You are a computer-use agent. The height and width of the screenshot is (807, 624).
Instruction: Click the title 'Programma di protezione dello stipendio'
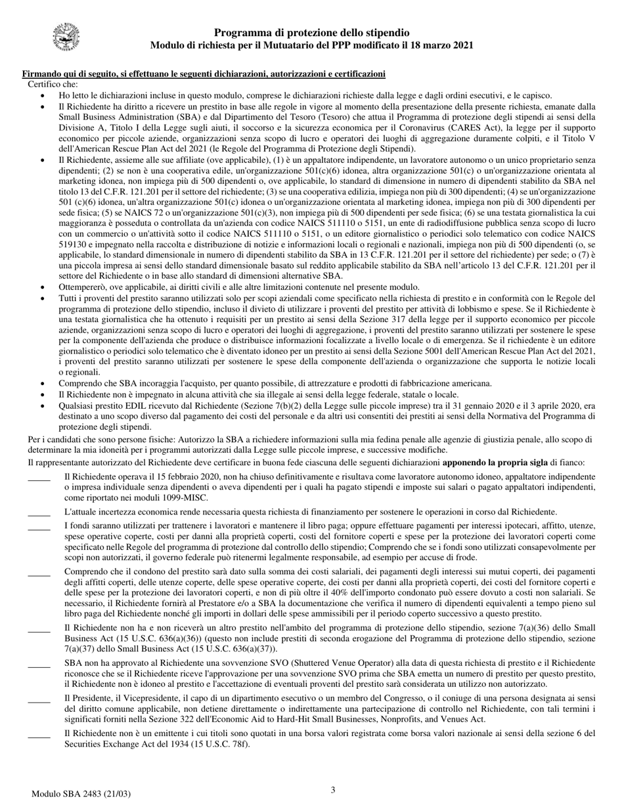[312, 33]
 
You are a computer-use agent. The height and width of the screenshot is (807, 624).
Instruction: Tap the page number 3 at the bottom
[333, 790]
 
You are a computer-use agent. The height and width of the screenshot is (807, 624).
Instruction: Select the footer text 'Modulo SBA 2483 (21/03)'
[81, 794]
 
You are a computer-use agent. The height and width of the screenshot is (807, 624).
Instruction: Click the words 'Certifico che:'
[53, 84]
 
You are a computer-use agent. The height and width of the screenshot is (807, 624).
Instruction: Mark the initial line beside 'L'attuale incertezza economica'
[39, 511]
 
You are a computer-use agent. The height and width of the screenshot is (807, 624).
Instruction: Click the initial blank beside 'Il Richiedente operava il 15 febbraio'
[39, 477]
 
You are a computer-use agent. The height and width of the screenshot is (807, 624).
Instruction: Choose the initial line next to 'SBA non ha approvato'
[39, 665]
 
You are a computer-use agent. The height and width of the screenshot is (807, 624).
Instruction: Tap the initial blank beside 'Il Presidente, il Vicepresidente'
[39, 699]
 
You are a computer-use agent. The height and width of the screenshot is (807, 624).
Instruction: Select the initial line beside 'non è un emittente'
[39, 734]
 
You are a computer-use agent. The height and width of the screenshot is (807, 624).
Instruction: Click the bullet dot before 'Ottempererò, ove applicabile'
[43, 287]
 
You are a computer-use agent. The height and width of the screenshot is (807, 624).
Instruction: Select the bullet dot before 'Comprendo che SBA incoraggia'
[43, 383]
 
